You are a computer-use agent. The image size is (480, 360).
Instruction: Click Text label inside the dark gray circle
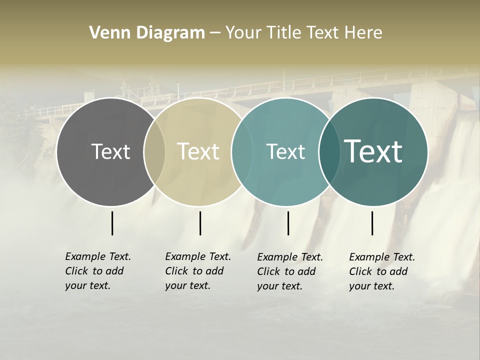point(110,151)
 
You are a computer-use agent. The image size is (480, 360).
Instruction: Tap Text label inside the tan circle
point(198,151)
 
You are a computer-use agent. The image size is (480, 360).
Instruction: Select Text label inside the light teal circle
point(285,151)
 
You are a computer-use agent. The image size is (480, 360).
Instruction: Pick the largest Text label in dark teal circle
point(373,151)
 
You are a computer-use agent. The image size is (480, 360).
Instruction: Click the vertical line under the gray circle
point(112,223)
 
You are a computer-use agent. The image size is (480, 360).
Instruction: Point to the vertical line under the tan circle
point(200,223)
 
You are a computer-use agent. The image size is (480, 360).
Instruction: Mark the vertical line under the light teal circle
point(288,223)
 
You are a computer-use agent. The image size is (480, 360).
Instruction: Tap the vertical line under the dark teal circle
point(372,223)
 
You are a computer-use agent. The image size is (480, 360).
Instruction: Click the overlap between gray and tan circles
point(154,151)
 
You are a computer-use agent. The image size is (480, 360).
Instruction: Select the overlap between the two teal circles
point(329,151)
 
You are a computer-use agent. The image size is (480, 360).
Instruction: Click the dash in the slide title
point(214,32)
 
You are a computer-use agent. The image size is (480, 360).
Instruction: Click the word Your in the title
point(243,32)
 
